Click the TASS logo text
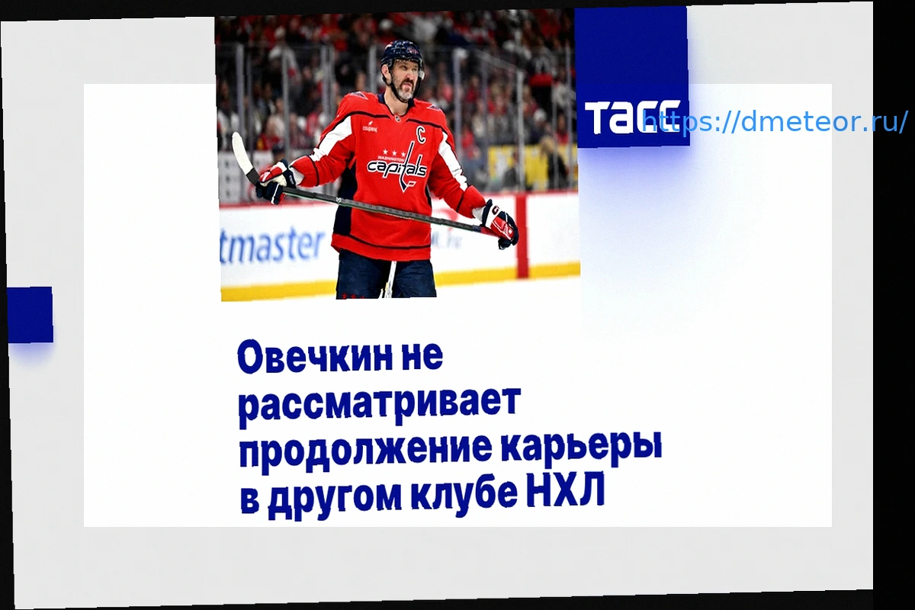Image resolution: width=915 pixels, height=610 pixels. click(632, 117)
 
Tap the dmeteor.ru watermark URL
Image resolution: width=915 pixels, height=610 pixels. click(775, 122)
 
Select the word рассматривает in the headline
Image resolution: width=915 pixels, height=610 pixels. click(379, 403)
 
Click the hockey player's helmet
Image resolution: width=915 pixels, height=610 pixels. click(403, 55)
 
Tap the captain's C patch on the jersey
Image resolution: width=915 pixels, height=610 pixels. click(422, 135)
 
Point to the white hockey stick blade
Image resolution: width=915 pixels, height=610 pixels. click(242, 155)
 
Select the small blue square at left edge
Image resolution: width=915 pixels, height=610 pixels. click(30, 315)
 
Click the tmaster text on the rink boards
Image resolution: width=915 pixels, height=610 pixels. click(272, 246)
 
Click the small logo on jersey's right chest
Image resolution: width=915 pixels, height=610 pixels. click(370, 129)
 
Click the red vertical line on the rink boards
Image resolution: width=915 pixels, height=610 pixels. click(522, 236)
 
